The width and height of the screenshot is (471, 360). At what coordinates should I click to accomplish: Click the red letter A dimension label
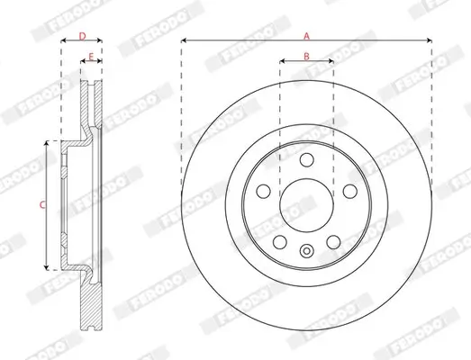click(x=306, y=35)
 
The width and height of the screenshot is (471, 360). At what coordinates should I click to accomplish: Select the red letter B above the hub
click(x=306, y=57)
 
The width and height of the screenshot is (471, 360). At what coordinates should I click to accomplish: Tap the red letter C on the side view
click(x=41, y=205)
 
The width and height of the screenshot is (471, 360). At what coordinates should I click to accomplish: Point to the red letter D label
click(x=82, y=36)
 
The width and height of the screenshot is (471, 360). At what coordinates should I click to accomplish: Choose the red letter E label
click(x=90, y=57)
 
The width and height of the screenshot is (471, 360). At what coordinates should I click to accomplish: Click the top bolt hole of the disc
click(x=306, y=160)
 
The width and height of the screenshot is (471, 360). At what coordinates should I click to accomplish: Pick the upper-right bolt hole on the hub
click(x=348, y=191)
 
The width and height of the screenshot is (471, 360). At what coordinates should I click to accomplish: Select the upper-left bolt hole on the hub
click(x=265, y=191)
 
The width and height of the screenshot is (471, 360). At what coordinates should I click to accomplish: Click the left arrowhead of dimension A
click(x=184, y=41)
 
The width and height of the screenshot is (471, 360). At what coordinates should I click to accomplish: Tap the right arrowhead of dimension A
click(x=429, y=41)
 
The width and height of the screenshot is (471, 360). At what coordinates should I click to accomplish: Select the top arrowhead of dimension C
click(x=48, y=143)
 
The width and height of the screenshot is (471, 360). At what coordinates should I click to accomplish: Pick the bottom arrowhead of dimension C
click(x=48, y=266)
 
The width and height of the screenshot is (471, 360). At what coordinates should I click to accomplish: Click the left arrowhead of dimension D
click(x=63, y=42)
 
